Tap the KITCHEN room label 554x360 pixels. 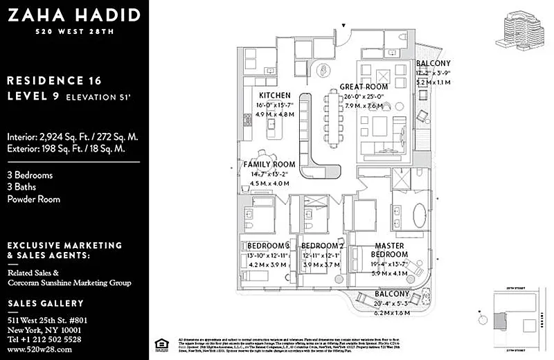pyautogui.click(x=275, y=95)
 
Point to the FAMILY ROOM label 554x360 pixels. pyautogui.click(x=269, y=165)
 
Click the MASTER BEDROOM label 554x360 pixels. pyautogui.click(x=391, y=250)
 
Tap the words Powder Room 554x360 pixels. pyautogui.click(x=33, y=199)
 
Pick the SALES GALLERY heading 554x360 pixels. pyautogui.click(x=46, y=303)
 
